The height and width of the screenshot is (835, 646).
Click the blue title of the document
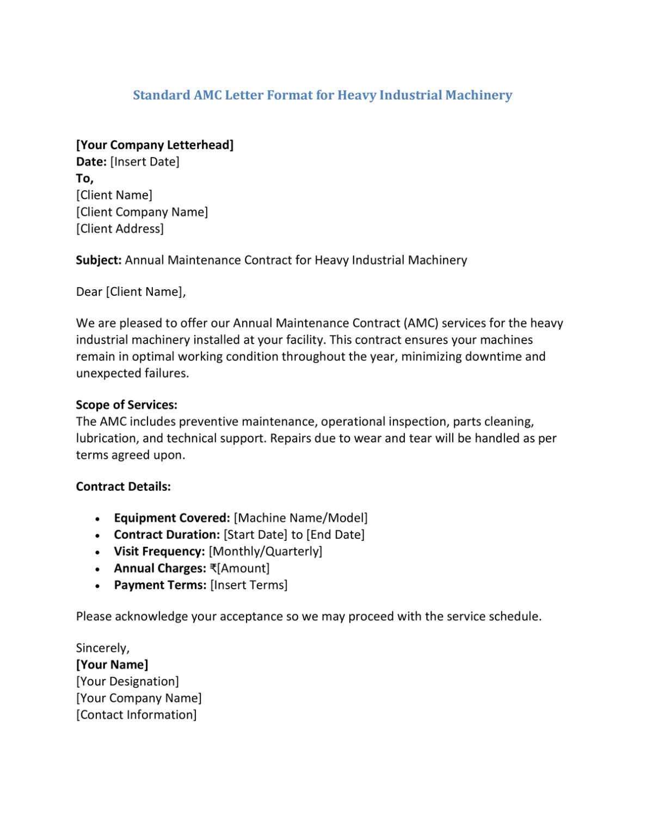pyautogui.click(x=322, y=95)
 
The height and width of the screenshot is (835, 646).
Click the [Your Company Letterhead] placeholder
pyautogui.click(x=155, y=145)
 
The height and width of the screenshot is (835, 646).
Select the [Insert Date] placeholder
pyautogui.click(x=144, y=161)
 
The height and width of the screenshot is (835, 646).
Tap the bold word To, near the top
pyautogui.click(x=84, y=178)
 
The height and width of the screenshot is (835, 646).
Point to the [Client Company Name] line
pyautogui.click(x=141, y=212)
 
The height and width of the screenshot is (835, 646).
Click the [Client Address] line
pyautogui.click(x=120, y=229)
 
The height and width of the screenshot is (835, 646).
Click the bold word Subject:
pyautogui.click(x=99, y=260)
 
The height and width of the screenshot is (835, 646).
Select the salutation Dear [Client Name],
pyautogui.click(x=131, y=292)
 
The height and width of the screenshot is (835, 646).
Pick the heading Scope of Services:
pyautogui.click(x=126, y=405)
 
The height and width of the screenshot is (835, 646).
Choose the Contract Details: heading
pyautogui.click(x=123, y=487)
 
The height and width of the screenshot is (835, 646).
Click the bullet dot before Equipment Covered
pyautogui.click(x=97, y=519)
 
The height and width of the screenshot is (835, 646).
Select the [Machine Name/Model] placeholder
pyautogui.click(x=300, y=518)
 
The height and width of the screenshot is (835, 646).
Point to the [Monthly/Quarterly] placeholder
pyautogui.click(x=265, y=552)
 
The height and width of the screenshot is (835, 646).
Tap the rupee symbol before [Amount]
pyautogui.click(x=213, y=569)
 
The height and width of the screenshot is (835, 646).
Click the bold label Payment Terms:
pyautogui.click(x=160, y=585)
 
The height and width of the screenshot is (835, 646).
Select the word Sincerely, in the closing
pyautogui.click(x=103, y=648)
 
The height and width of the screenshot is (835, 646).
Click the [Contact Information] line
pyautogui.click(x=136, y=715)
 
